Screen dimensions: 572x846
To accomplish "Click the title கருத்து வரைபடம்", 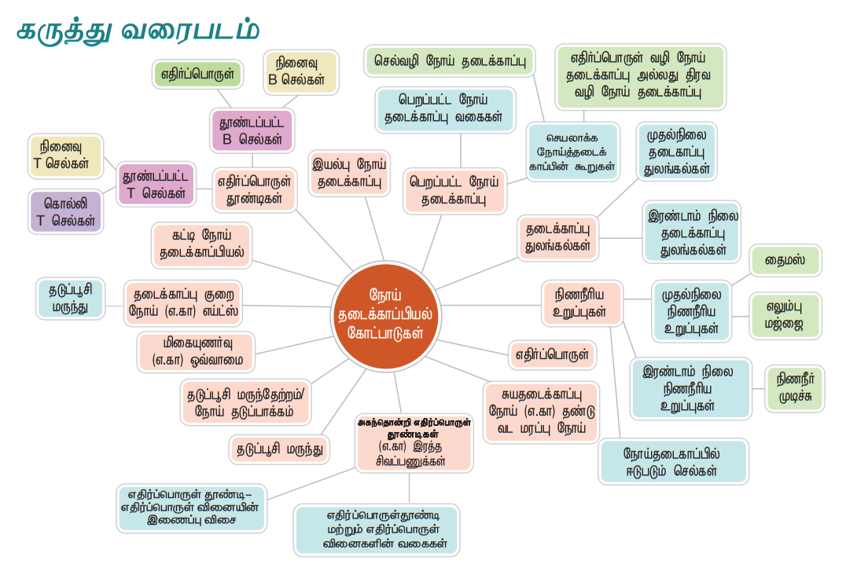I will tap(138, 31).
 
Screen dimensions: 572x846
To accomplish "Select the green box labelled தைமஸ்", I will tap(785, 261).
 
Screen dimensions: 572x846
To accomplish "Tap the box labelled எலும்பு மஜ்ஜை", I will tap(784, 316).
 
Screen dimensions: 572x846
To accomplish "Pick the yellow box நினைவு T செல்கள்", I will tap(66, 156).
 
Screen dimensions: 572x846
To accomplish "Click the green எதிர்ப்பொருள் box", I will tap(197, 75).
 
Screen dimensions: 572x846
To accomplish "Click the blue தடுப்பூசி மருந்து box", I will tap(70, 299).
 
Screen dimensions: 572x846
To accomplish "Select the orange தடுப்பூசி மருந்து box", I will tap(281, 450).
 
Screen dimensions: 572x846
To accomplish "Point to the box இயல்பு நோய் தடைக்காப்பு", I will tap(349, 174).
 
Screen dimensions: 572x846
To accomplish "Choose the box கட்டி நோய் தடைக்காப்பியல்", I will tap(201, 246).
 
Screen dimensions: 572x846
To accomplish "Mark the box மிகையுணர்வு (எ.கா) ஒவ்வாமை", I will tap(197, 352).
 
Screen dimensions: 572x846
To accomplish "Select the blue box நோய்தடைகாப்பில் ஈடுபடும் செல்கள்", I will tap(674, 462).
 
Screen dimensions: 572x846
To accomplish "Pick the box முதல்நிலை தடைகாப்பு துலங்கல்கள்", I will tap(676, 150).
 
